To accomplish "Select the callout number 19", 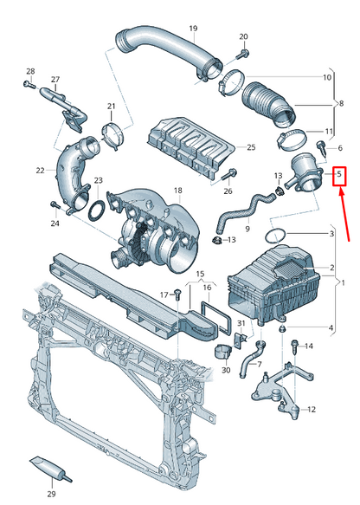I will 193,29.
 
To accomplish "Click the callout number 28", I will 30,71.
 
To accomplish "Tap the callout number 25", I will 251,147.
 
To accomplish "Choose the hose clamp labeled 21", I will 111,135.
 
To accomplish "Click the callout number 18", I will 177,191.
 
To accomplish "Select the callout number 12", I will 312,409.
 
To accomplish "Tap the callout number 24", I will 55,223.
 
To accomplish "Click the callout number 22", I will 40,171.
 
